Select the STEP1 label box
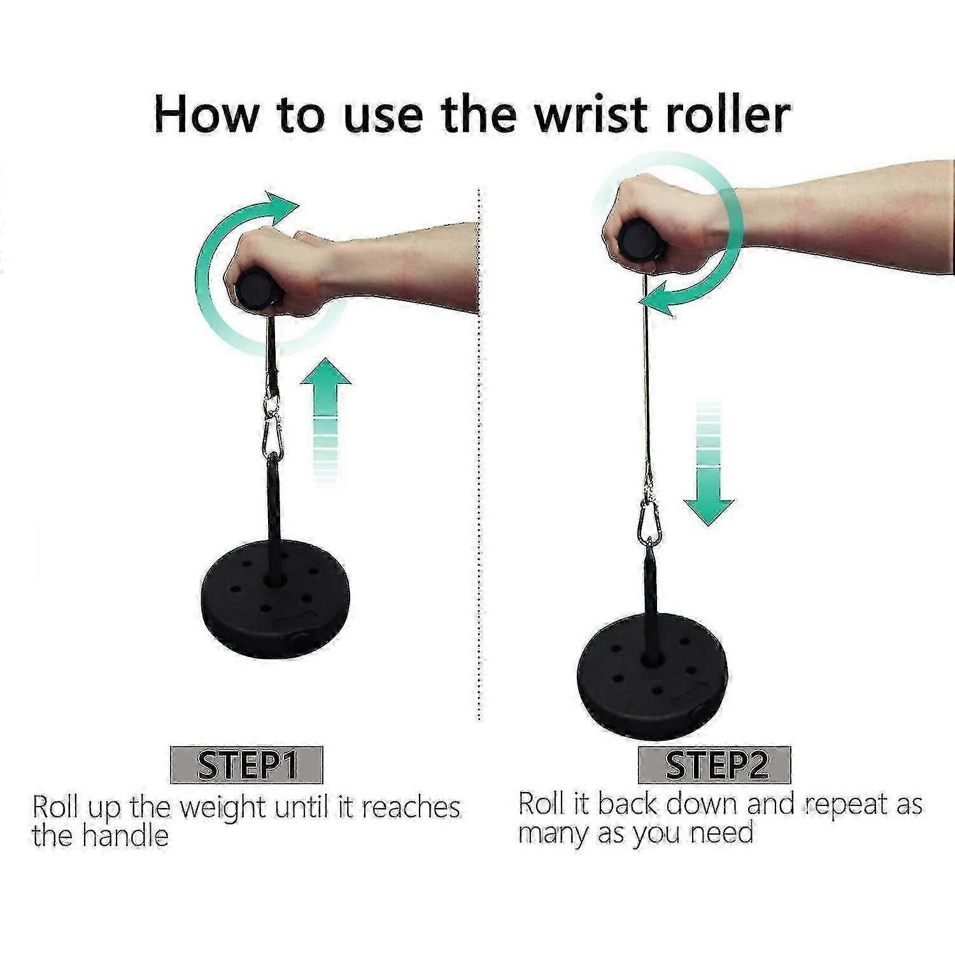coord(246,765)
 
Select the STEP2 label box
coord(714,765)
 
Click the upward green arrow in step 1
coord(326,420)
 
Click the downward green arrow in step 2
coord(709,463)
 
